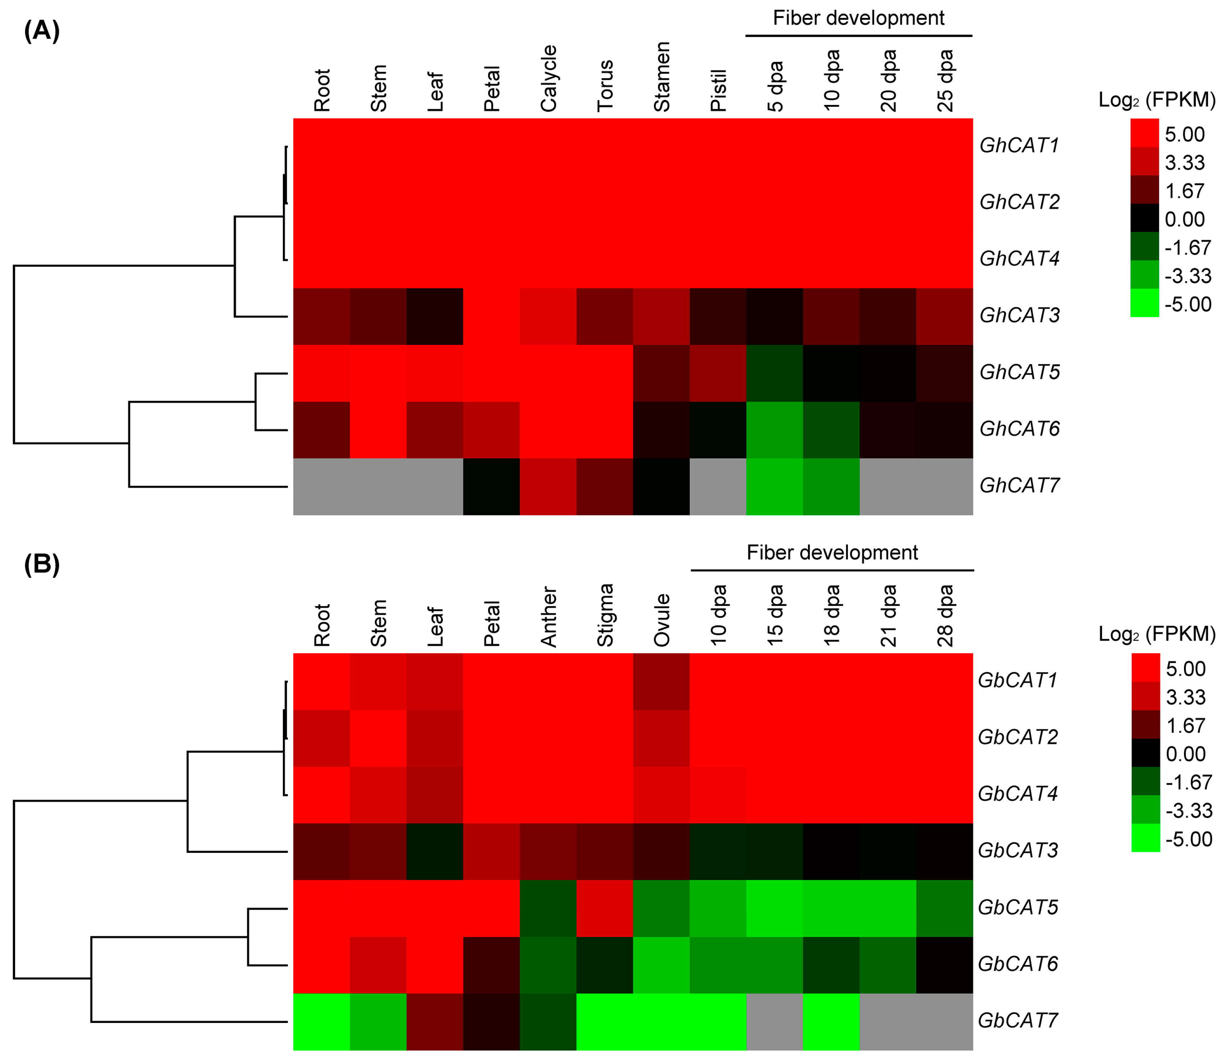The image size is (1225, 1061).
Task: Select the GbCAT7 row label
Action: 1017,1020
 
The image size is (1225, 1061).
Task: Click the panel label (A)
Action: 41,29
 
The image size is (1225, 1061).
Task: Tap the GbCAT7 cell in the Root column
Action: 321,1021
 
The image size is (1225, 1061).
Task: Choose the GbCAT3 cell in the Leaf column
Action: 435,851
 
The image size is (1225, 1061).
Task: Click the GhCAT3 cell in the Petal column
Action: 491,316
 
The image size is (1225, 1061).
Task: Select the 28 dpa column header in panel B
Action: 945,616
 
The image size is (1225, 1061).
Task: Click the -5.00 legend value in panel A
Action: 1188,304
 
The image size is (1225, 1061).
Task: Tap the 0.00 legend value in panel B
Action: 1185,754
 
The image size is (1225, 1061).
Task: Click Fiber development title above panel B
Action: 832,552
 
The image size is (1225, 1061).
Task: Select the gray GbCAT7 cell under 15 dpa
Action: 775,1021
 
